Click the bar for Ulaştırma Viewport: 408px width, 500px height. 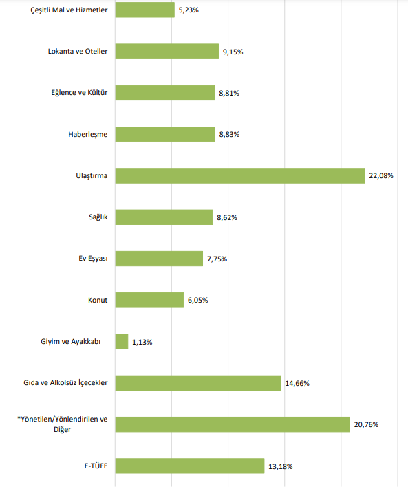click(x=240, y=175)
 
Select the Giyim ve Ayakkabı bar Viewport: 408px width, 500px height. click(x=122, y=342)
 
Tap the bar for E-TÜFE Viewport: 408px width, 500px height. click(x=190, y=466)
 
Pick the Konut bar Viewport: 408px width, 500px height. click(x=149, y=300)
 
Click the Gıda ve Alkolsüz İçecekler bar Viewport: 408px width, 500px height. click(x=198, y=383)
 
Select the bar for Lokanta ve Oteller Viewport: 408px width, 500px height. click(x=167, y=52)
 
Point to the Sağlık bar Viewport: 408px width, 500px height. click(x=164, y=217)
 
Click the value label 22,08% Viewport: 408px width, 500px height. click(x=381, y=175)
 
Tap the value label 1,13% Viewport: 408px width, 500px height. click(x=142, y=342)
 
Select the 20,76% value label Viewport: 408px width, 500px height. click(x=366, y=425)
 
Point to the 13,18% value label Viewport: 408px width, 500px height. click(x=281, y=466)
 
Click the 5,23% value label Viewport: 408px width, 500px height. click(x=189, y=10)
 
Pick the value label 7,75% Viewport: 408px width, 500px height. click(x=217, y=259)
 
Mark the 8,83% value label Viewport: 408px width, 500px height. click(x=229, y=135)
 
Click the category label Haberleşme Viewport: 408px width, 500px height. click(x=88, y=135)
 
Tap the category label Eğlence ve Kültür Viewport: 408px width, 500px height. click(x=79, y=93)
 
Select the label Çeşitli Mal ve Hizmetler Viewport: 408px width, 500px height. click(x=69, y=10)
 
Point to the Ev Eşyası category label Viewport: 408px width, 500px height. click(x=93, y=259)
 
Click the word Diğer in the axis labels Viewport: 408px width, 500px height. click(x=62, y=430)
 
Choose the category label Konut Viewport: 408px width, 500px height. click(x=98, y=300)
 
